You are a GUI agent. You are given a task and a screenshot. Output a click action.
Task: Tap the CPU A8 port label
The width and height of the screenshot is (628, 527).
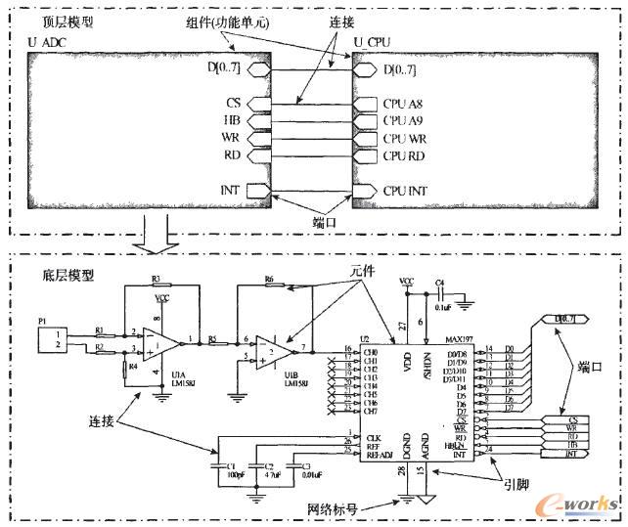pos(400,104)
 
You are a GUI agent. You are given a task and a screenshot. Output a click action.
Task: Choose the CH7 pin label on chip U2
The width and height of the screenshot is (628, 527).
pos(371,410)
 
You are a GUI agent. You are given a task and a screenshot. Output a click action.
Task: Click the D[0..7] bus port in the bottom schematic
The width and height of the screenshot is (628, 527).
pos(564,320)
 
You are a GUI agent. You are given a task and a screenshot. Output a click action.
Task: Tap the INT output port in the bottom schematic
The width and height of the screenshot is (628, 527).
pos(565,455)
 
